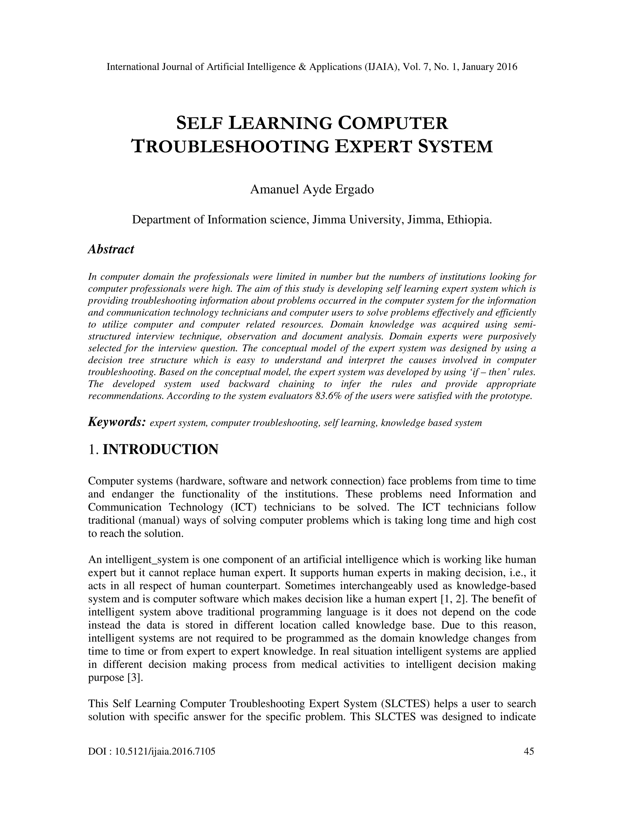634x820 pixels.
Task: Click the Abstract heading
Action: pos(111,249)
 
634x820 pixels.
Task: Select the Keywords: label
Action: pos(117,422)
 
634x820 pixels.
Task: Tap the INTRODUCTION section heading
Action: pos(160,449)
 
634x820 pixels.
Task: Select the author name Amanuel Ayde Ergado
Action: pos(312,190)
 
